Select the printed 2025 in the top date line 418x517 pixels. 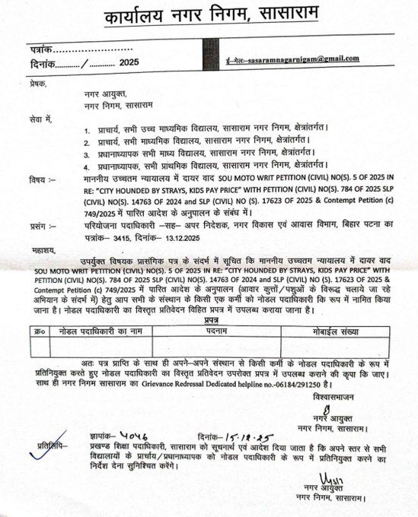tap(129, 62)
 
